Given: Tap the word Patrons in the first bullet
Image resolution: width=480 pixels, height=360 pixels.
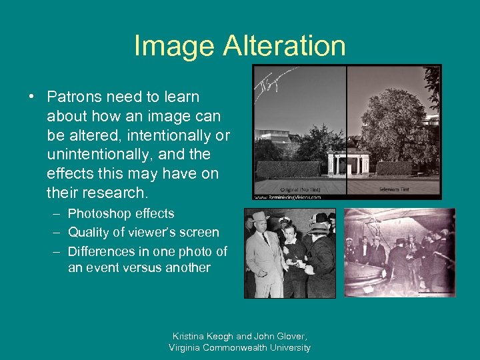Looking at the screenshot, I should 74,97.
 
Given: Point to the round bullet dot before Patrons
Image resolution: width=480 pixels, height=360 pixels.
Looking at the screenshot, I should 32,97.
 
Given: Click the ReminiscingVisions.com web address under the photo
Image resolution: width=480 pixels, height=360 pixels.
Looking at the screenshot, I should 287,197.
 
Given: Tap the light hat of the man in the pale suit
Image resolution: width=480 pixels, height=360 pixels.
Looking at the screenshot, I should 261,217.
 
